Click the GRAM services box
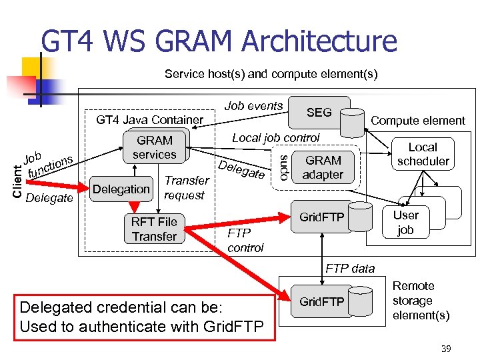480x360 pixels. [x=155, y=147]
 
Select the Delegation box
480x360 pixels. [x=121, y=189]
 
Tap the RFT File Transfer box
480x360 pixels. [x=154, y=229]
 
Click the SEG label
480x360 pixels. [x=319, y=113]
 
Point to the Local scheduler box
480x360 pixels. [x=423, y=154]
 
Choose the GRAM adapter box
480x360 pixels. [x=323, y=167]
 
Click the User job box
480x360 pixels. [x=405, y=223]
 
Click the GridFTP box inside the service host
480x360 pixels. [x=322, y=217]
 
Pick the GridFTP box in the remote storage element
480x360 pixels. [x=322, y=302]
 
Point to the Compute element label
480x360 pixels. [x=417, y=121]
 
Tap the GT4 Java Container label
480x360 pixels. [x=149, y=120]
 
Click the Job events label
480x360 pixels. [x=253, y=106]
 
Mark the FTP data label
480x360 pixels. [x=349, y=268]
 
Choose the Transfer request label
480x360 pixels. [x=186, y=187]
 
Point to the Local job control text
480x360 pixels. [x=275, y=137]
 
